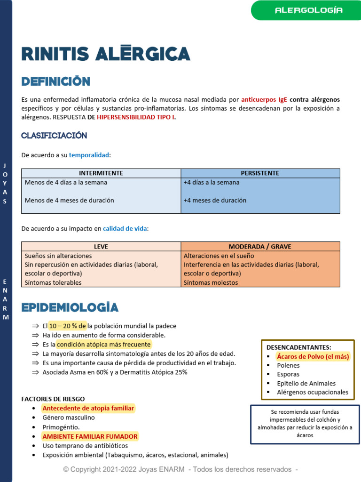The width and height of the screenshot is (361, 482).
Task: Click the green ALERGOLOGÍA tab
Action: click(308, 10)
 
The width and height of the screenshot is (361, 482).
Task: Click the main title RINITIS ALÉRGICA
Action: click(106, 54)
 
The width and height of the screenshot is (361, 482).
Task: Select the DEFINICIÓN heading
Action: click(56, 81)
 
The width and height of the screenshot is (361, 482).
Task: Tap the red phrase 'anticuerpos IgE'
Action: click(264, 100)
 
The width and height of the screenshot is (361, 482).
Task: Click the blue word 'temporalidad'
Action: click(89, 155)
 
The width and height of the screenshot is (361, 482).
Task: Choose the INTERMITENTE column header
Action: click(101, 173)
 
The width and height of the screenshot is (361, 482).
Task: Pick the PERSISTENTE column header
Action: click(260, 173)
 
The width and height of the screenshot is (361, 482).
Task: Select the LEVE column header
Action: click(101, 246)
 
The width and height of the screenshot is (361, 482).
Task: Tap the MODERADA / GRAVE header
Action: click(260, 246)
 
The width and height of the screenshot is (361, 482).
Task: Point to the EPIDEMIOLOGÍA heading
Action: click(70, 307)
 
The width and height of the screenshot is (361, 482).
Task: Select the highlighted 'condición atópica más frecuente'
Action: click(104, 345)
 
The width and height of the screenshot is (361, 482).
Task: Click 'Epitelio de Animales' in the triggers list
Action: click(306, 383)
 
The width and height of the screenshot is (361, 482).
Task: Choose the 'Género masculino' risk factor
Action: click(69, 418)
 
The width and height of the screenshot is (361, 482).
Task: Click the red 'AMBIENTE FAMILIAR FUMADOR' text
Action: click(90, 436)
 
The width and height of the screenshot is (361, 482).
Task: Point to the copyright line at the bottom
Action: click(180, 469)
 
